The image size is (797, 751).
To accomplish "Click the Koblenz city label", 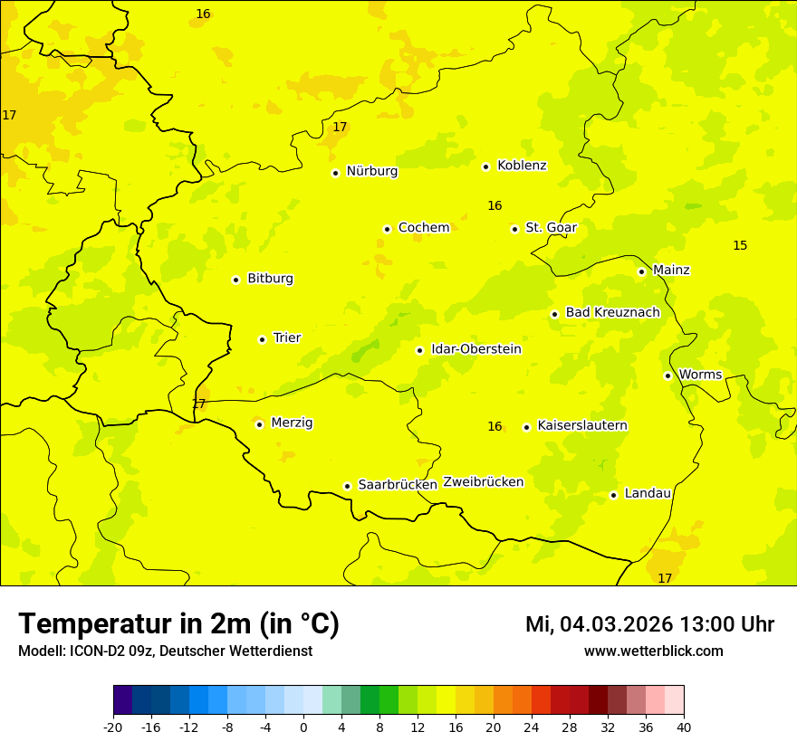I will tap(522, 166).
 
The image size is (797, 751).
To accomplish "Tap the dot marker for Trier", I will tap(262, 339).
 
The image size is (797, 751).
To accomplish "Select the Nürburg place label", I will tap(371, 171).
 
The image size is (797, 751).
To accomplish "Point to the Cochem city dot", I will tap(387, 229).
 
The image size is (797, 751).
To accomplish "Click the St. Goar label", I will tap(551, 228).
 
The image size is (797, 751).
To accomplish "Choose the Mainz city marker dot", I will tap(641, 271).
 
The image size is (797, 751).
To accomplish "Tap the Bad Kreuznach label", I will tap(612, 313).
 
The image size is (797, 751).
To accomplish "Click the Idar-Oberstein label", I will tap(476, 349).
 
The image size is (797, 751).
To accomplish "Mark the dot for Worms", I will tap(667, 375).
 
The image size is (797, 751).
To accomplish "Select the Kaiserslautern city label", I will tap(582, 426).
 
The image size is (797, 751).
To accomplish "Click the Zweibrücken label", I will tap(483, 482).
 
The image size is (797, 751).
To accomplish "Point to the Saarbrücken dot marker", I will tap(347, 486).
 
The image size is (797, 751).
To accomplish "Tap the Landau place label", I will tap(648, 494).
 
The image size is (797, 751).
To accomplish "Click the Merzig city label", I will tap(292, 423).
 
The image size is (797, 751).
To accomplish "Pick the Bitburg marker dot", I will tap(235, 280).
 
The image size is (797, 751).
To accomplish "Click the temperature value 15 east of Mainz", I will tap(740, 246).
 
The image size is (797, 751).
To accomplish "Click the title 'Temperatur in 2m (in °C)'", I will tap(178, 624).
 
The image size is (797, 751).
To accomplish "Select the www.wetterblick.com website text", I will tap(653, 651).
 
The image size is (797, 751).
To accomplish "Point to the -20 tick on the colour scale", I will tap(113, 727).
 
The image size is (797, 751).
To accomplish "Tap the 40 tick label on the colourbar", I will tap(684, 727).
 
